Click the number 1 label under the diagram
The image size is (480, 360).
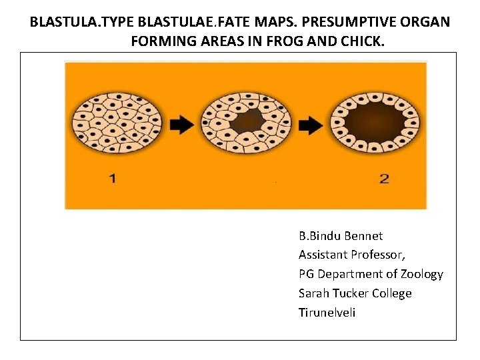[112, 179]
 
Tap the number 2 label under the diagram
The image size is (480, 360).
[383, 179]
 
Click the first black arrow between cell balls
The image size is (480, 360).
[181, 124]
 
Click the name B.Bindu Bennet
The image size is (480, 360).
[341, 236]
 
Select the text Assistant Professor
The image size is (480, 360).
[352, 255]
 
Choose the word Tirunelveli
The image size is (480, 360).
[327, 313]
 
